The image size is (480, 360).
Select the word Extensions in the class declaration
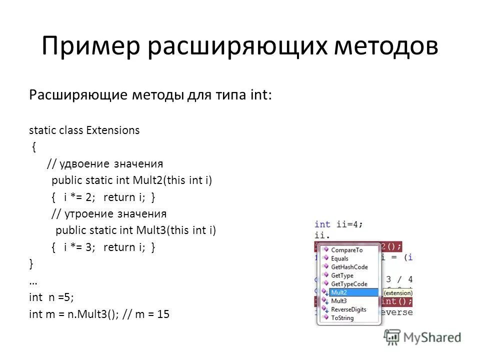tap(113, 130)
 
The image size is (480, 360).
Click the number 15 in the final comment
tap(163, 314)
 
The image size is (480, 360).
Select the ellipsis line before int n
tap(33, 281)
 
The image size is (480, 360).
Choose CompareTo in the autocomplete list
tap(346, 250)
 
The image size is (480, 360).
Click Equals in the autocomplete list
tap(339, 258)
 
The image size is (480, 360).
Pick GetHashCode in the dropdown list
tap(349, 267)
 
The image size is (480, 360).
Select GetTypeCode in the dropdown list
tap(348, 284)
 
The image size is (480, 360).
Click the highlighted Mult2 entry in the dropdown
tap(338, 292)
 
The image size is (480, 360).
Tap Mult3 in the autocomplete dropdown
tap(338, 301)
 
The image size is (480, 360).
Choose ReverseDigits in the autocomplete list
tap(348, 309)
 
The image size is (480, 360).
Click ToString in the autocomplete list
tap(342, 318)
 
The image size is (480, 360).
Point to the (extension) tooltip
tap(397, 293)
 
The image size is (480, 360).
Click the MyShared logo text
tap(432, 338)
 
